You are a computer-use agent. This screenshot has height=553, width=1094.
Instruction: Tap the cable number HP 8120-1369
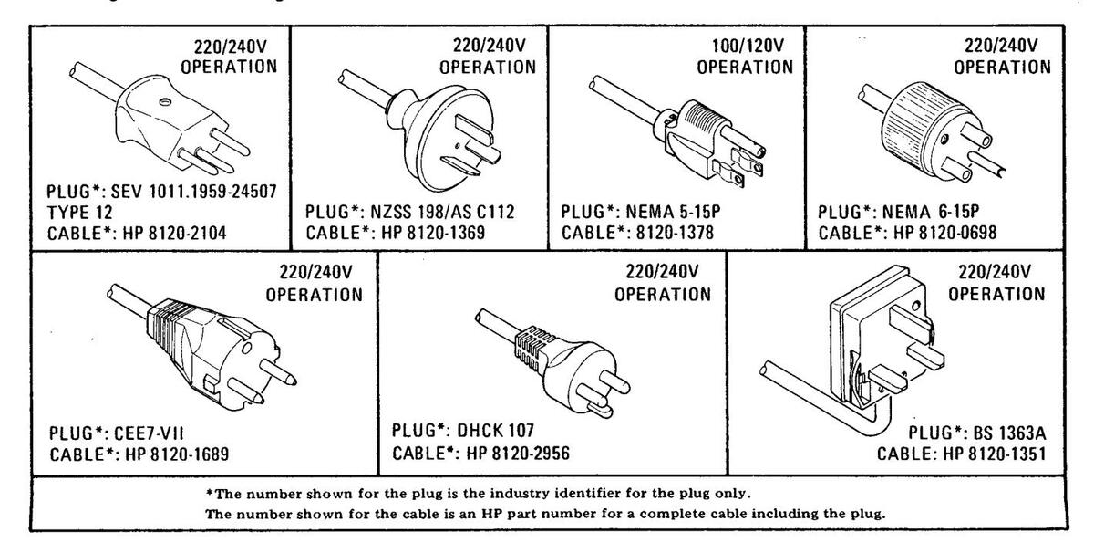438,232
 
